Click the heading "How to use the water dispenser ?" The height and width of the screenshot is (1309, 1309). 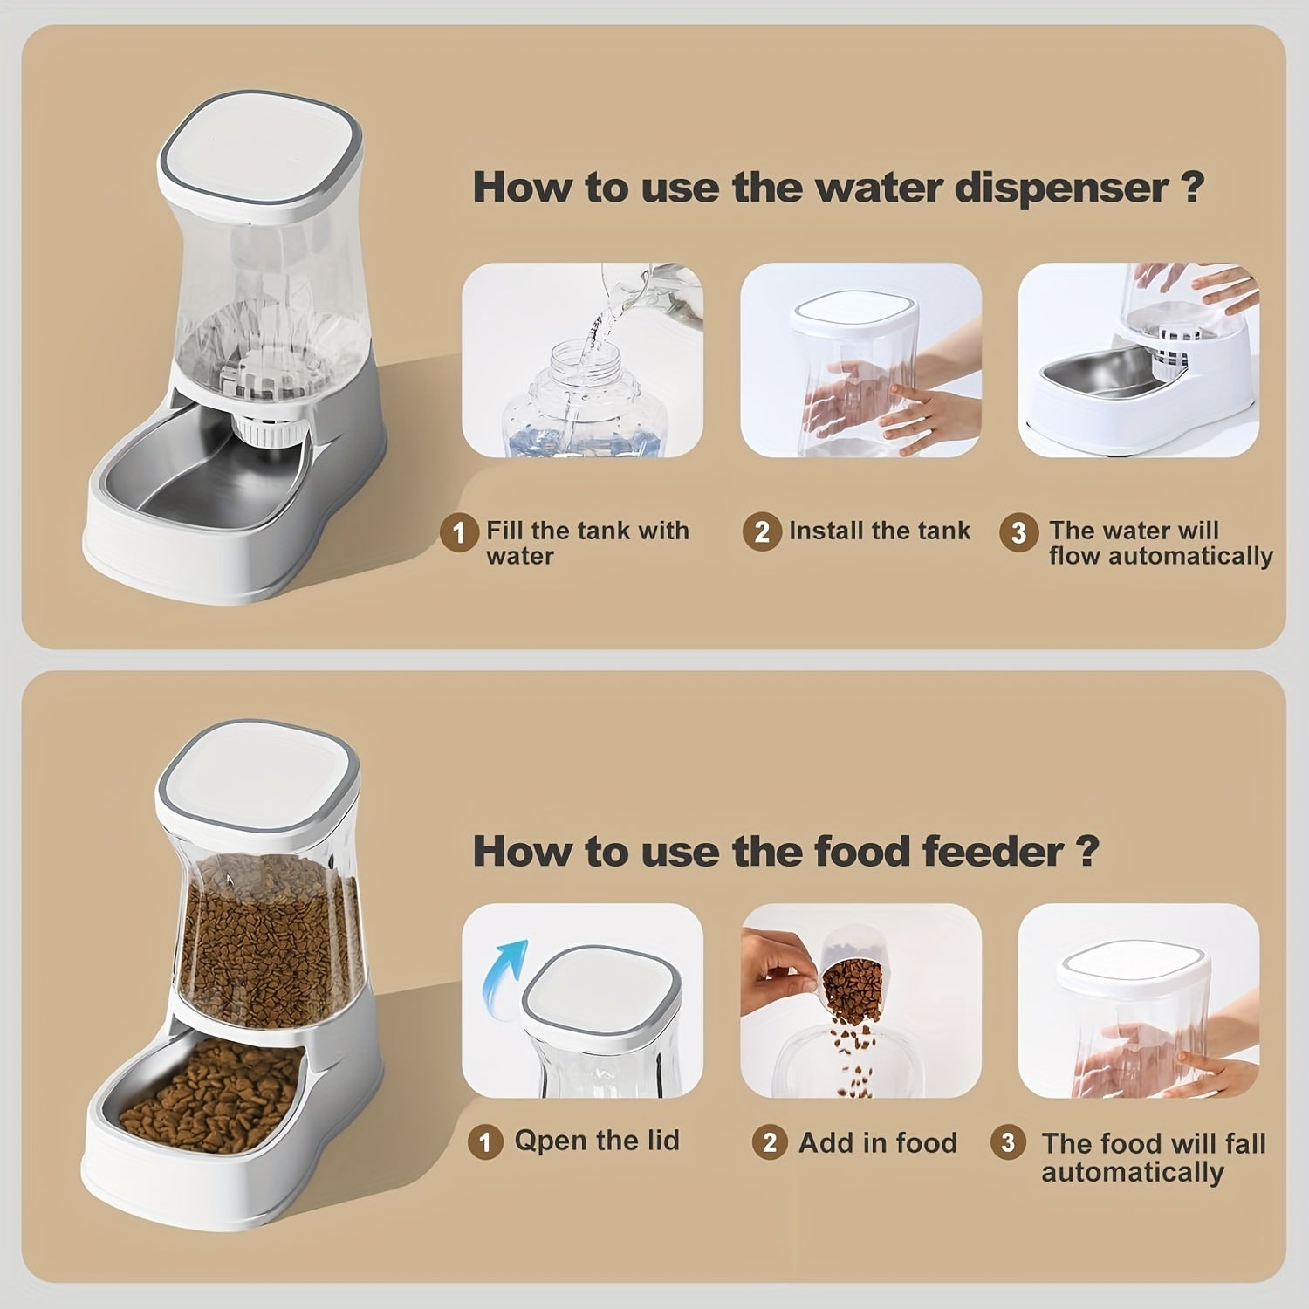point(838,188)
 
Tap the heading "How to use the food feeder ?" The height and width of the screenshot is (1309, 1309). point(785,851)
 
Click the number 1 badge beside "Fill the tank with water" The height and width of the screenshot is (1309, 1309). point(459,532)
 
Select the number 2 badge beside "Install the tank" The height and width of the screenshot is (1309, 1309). point(761,532)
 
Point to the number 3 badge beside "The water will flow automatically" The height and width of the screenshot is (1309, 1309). point(1018,532)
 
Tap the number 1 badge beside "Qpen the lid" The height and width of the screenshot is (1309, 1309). point(485,1141)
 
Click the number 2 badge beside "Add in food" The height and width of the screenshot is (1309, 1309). point(769,1142)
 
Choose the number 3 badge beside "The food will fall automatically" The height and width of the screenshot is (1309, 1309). point(1008,1142)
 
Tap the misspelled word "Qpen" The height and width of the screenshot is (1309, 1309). point(546,1141)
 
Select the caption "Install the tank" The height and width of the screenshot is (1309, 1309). point(879,531)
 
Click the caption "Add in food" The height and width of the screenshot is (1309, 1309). point(877,1142)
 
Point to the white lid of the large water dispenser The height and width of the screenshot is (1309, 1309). point(259,152)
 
